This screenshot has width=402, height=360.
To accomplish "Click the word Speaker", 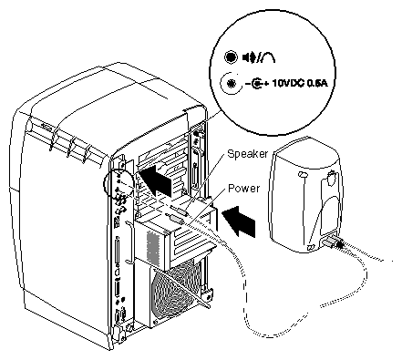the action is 248,154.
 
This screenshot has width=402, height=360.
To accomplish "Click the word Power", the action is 243,189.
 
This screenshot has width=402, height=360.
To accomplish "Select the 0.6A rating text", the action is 317,83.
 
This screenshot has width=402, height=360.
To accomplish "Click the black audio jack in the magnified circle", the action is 231,57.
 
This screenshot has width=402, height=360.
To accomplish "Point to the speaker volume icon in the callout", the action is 249,57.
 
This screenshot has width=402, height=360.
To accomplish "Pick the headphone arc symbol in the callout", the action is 268,57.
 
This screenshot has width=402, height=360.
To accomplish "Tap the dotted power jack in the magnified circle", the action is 232,83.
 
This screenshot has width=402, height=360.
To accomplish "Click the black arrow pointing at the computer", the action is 156,180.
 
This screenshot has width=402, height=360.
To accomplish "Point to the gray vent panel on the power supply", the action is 153,247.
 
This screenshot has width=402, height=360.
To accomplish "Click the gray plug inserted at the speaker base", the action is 329,242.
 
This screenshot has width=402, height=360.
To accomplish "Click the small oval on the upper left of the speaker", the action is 303,175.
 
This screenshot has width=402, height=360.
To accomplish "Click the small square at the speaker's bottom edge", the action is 311,247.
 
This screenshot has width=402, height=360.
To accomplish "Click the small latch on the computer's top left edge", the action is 46,127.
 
